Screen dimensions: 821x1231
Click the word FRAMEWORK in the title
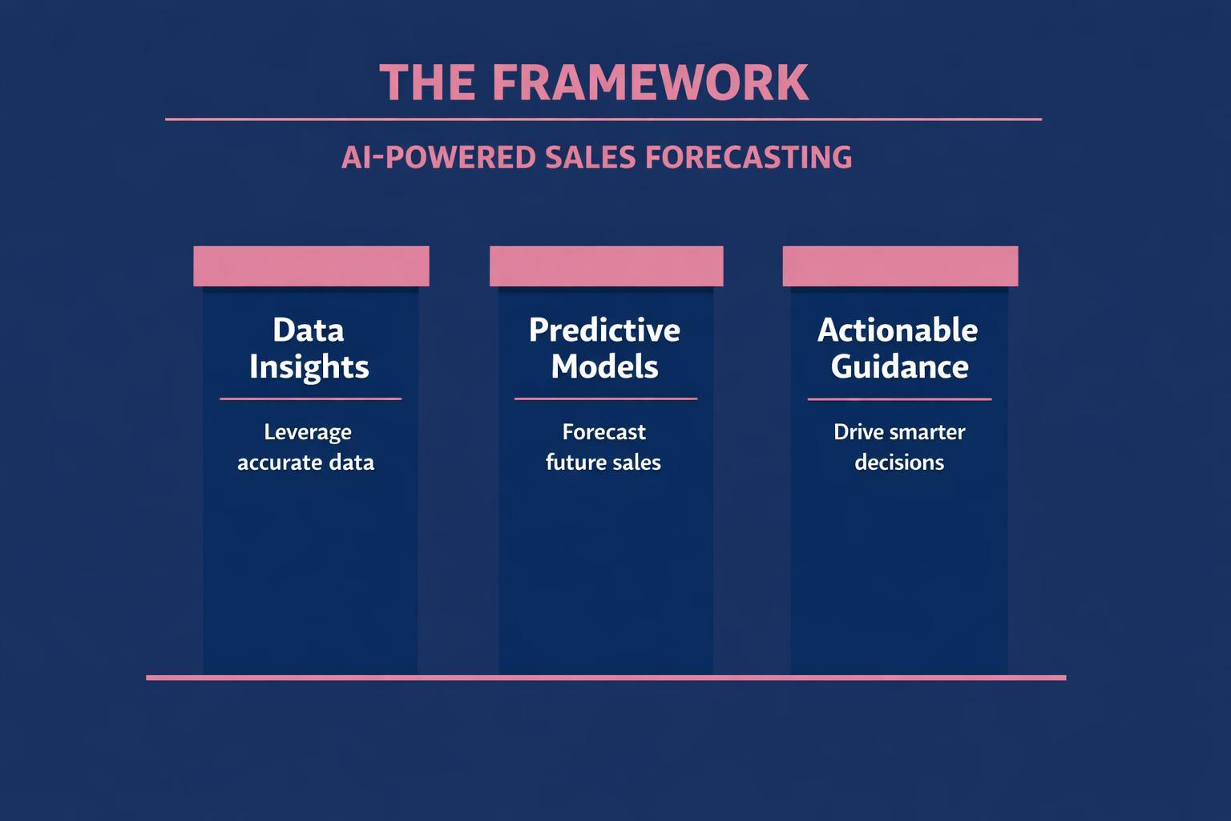(x=650, y=82)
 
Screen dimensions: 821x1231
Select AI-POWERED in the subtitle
(x=438, y=156)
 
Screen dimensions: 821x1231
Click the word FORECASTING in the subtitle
(x=748, y=156)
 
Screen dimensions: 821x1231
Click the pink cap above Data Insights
(x=311, y=266)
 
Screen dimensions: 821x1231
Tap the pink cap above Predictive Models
(x=606, y=266)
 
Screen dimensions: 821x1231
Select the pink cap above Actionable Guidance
(x=900, y=266)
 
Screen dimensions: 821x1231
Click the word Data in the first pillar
(x=308, y=330)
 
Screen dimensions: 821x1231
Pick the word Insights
(x=309, y=366)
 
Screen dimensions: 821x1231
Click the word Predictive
(x=604, y=330)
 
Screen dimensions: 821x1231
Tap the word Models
(x=604, y=366)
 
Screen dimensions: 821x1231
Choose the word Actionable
(x=898, y=330)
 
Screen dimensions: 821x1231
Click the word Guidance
(x=899, y=366)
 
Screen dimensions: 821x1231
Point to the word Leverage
(x=308, y=432)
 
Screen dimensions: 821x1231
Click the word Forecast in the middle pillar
(x=603, y=432)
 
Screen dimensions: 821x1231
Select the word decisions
(x=899, y=463)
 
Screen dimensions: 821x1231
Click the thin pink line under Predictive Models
(x=605, y=398)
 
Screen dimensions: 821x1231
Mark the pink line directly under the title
(x=603, y=119)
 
